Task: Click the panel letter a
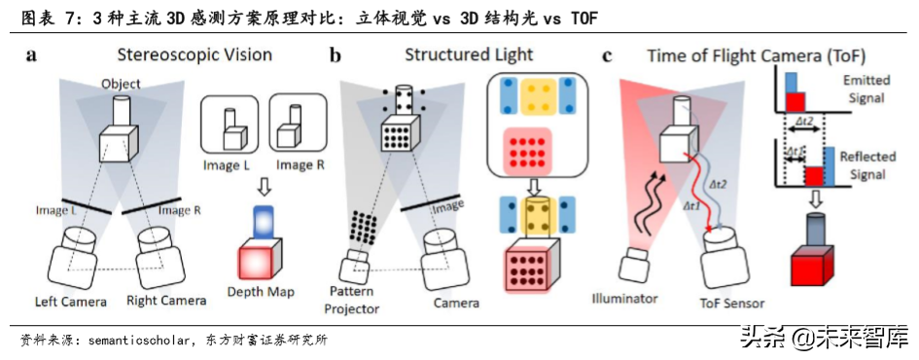tap(32, 55)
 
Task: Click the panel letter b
tap(336, 55)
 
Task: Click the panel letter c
tap(609, 55)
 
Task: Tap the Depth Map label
tap(261, 291)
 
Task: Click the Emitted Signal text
tap(865, 90)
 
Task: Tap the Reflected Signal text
tap(864, 166)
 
